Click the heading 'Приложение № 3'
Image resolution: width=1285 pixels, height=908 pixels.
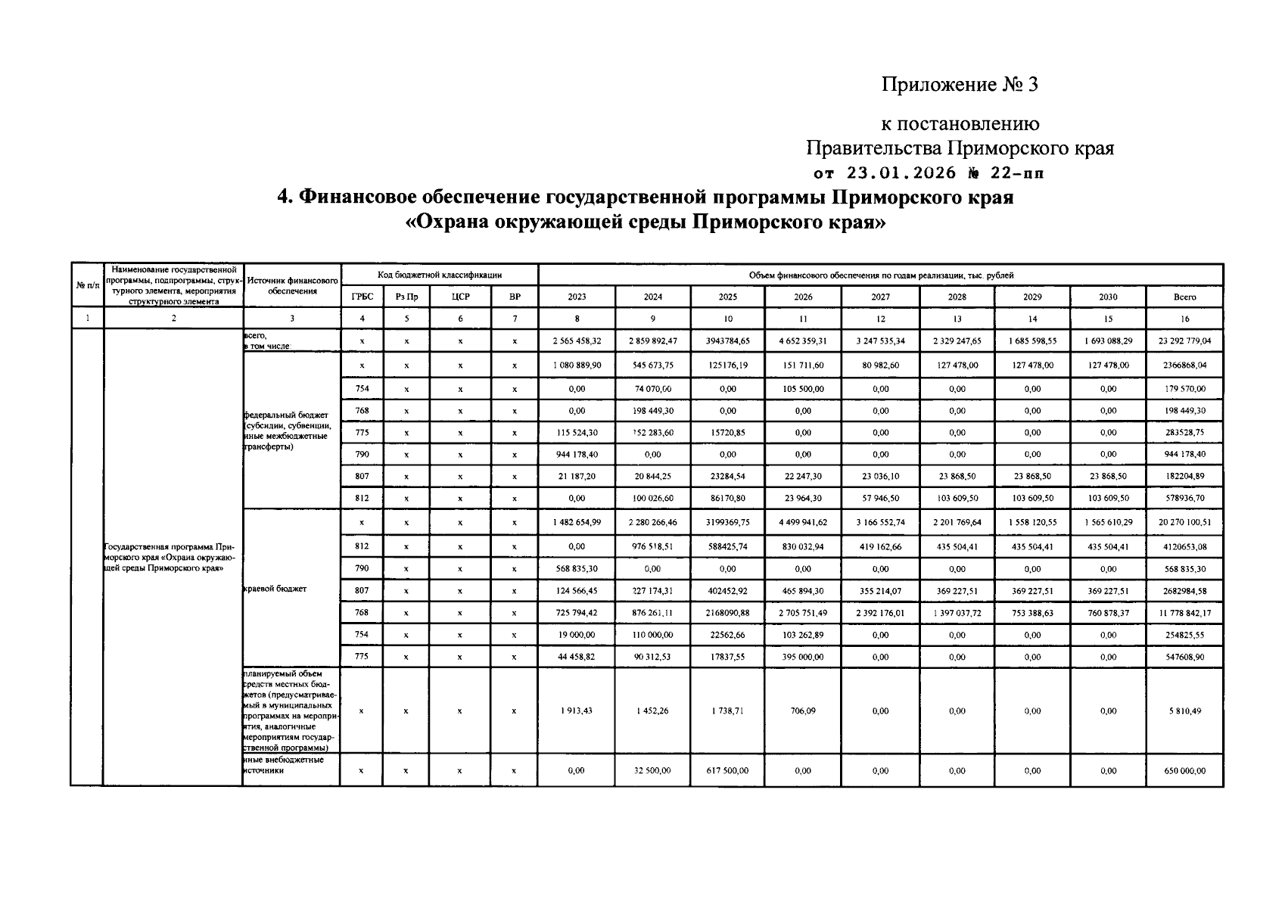pos(960,85)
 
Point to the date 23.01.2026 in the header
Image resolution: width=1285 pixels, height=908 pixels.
pos(901,173)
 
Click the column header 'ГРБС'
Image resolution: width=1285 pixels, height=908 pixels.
pos(362,297)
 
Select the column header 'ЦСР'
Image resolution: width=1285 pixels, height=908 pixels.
pos(460,297)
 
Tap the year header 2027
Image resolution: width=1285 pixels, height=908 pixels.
pos(880,297)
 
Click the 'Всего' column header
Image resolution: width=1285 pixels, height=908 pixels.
pos(1184,297)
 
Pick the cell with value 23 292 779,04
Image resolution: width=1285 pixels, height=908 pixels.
pos(1184,341)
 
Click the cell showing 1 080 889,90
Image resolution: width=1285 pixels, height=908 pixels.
pos(577,365)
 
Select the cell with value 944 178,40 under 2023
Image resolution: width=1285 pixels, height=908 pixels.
pos(577,455)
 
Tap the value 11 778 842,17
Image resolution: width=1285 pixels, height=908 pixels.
pos(1184,614)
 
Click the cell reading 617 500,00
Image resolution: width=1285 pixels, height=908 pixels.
pos(727,771)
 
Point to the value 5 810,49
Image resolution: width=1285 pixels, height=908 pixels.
pos(1184,711)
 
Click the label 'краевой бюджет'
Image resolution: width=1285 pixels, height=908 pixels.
pos(275,589)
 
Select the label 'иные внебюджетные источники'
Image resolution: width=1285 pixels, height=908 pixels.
pos(284,765)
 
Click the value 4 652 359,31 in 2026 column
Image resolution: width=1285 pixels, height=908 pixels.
pos(803,341)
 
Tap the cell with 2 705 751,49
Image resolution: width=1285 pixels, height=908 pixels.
pos(803,614)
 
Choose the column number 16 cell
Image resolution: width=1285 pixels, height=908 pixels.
pos(1184,319)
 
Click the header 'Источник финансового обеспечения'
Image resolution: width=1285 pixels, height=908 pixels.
pos(292,285)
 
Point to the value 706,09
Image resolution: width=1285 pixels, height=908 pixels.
pos(803,711)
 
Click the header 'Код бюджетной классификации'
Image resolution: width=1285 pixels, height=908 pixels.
pos(440,275)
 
